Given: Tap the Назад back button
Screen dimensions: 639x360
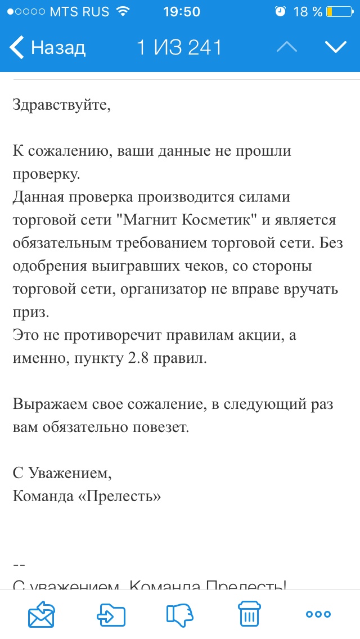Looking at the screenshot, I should pyautogui.click(x=48, y=48).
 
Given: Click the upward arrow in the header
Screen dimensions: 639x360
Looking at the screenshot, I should pyautogui.click(x=287, y=48).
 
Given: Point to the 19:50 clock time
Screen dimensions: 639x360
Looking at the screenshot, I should pyautogui.click(x=181, y=12).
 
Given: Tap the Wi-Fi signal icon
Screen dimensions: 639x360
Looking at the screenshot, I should pyautogui.click(x=122, y=12).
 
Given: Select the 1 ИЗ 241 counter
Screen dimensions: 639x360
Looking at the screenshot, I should pyautogui.click(x=179, y=48).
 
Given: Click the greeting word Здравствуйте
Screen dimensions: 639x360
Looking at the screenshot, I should pyautogui.click(x=61, y=105).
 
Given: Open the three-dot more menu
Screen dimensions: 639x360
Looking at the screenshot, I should pyautogui.click(x=318, y=614).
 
